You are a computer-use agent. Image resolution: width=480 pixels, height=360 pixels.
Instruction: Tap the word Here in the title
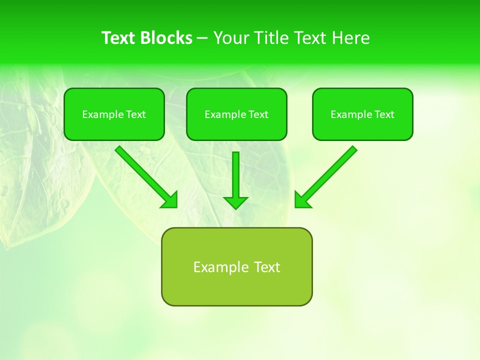tap(350, 38)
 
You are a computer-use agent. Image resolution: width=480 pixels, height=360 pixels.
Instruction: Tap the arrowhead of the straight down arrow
tap(235, 202)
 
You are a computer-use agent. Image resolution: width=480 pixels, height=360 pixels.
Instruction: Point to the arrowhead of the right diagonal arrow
tap(302, 200)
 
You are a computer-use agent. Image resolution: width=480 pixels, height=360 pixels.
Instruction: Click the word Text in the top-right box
tap(384, 114)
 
